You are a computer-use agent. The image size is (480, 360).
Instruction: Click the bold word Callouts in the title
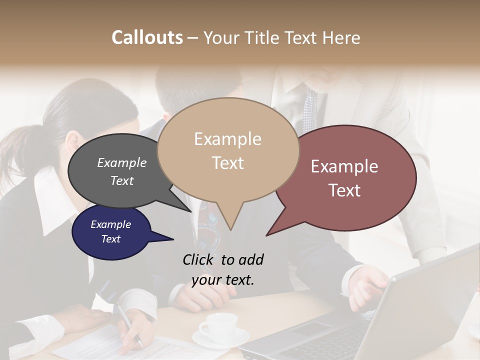point(147,37)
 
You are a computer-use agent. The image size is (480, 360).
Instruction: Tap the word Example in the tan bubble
point(227,139)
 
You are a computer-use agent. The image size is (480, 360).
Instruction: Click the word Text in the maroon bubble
point(344,190)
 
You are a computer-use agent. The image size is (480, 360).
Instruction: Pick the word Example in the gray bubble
point(121,162)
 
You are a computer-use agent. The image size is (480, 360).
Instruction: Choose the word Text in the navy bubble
point(110,239)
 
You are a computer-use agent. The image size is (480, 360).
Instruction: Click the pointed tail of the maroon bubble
point(268,234)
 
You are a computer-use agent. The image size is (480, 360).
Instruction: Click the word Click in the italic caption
point(199,259)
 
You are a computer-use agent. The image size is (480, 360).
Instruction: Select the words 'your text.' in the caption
point(223,280)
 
